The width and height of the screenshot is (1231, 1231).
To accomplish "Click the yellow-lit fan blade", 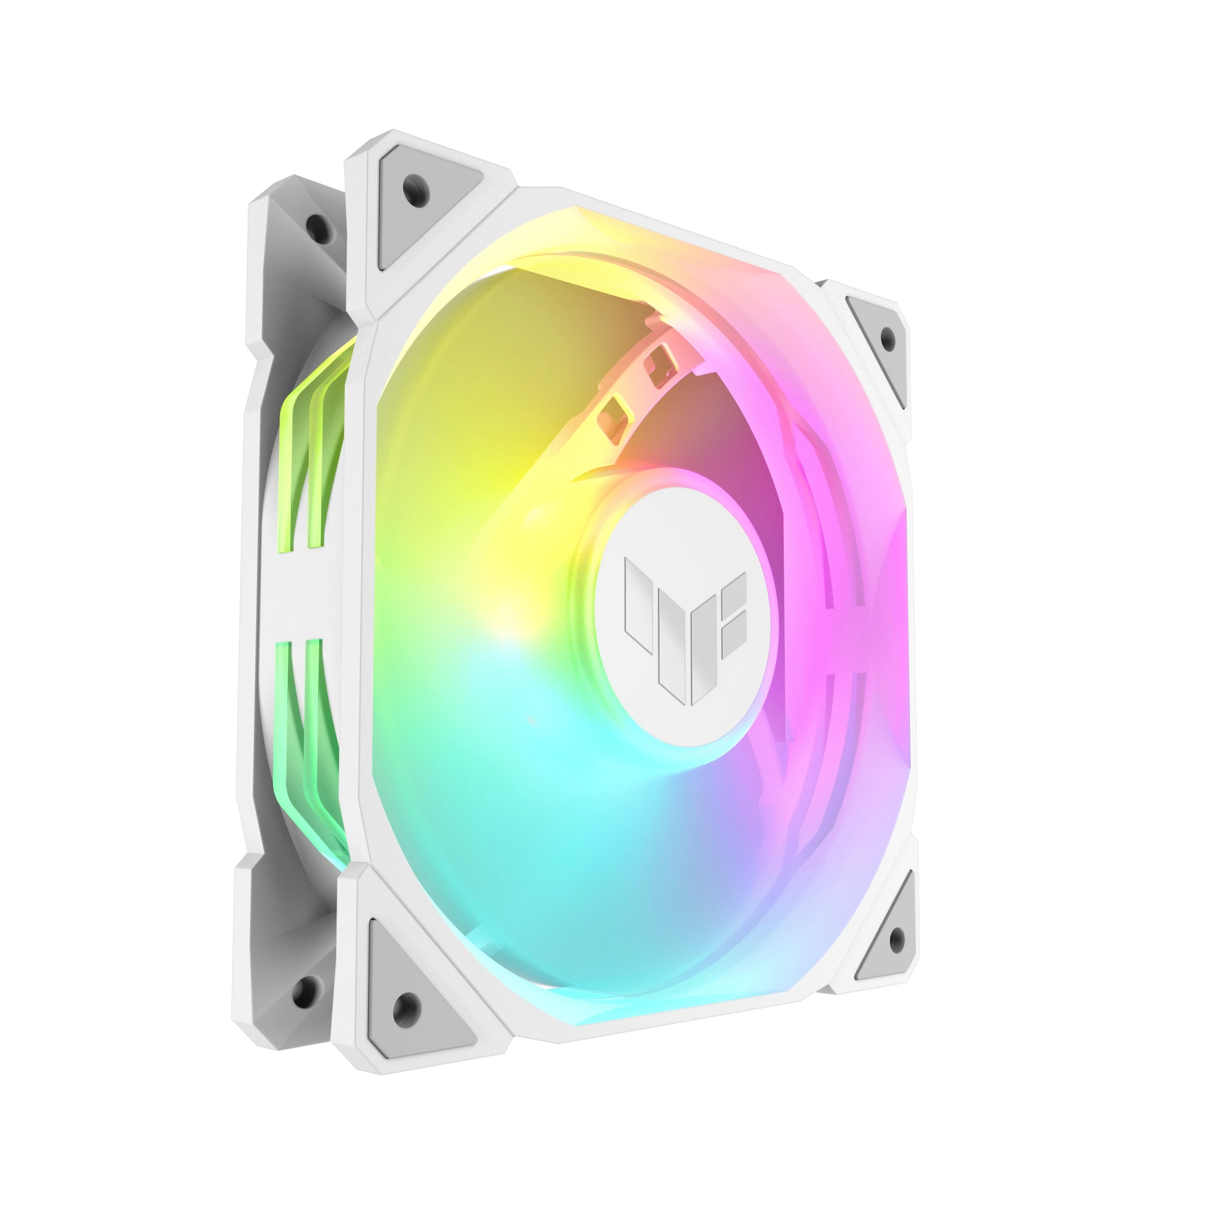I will [484, 446].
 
